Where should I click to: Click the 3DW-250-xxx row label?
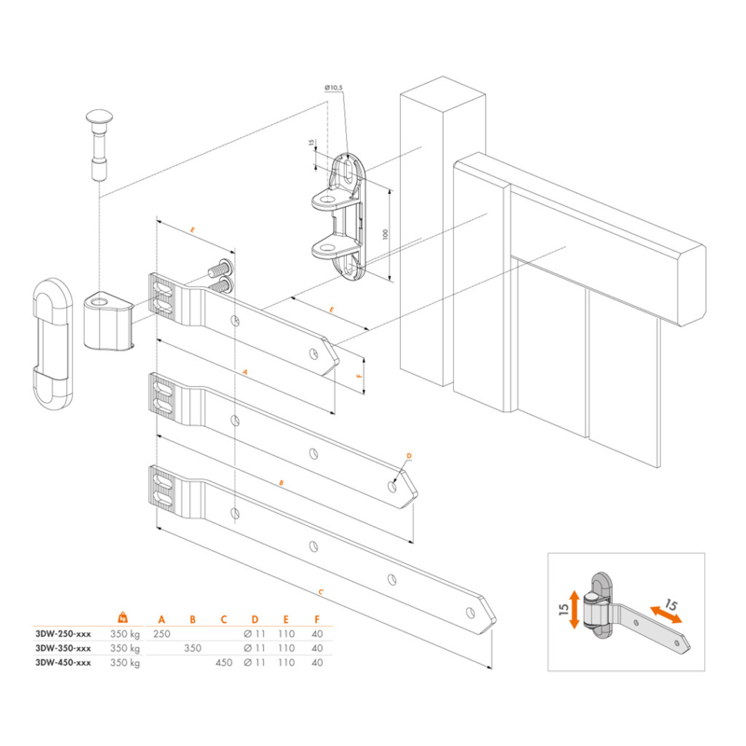(62, 633)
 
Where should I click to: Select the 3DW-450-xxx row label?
(62, 663)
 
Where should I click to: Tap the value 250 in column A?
(161, 633)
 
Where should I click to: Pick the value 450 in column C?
(224, 663)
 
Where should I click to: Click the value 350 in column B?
(193, 648)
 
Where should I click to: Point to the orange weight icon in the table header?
(122, 617)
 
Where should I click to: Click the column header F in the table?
(318, 618)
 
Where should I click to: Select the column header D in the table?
(256, 618)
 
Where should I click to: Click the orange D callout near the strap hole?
(408, 455)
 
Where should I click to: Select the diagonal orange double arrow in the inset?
(665, 614)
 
